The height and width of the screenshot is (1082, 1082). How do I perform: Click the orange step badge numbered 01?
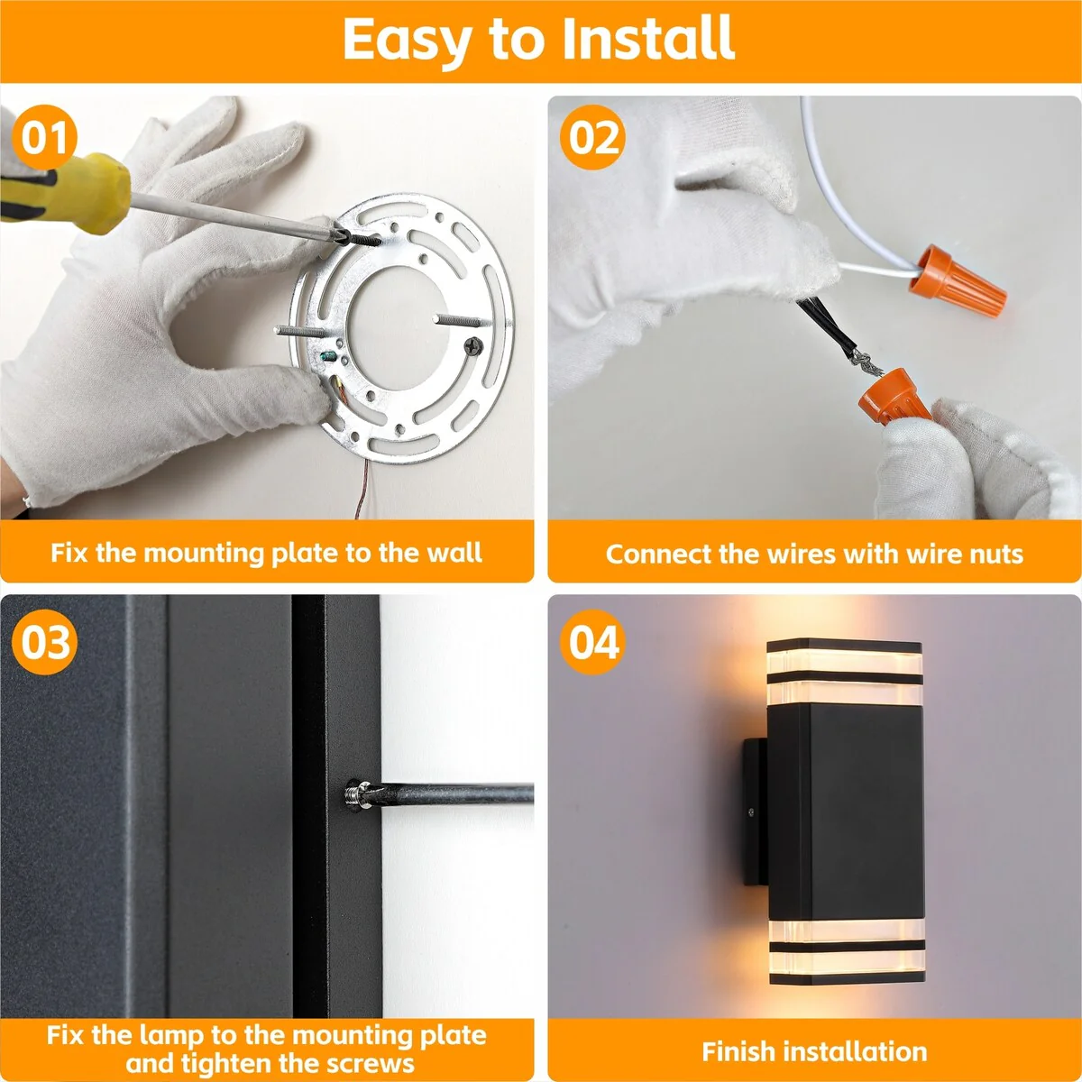pyautogui.click(x=44, y=137)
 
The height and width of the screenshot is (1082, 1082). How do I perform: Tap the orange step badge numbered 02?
pyautogui.click(x=592, y=137)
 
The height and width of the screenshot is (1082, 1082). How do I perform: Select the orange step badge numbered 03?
pyautogui.click(x=44, y=642)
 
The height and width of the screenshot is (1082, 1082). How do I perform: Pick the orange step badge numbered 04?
pyautogui.click(x=592, y=642)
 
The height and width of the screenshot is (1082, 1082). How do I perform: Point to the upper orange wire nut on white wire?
pyautogui.click(x=958, y=280)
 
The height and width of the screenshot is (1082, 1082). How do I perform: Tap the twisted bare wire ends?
pyautogui.click(x=862, y=363)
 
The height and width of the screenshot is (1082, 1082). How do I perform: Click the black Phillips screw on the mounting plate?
pyautogui.click(x=474, y=346)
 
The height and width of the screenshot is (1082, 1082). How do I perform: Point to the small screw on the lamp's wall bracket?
pyautogui.click(x=751, y=811)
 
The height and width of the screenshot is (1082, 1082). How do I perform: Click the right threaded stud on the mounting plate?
pyautogui.click(x=462, y=321)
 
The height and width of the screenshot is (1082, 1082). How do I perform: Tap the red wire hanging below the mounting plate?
pyautogui.click(x=362, y=489)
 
